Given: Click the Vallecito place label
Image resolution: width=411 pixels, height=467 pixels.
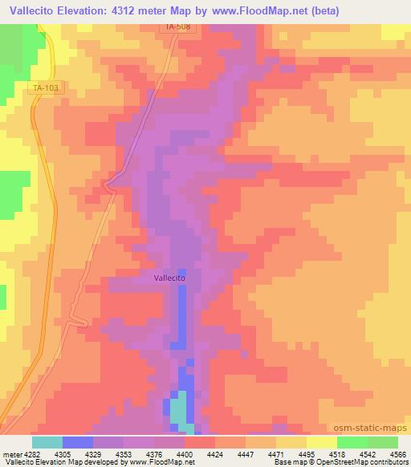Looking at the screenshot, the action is point(169,278).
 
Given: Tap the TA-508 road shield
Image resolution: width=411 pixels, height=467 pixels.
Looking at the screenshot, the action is point(178,26).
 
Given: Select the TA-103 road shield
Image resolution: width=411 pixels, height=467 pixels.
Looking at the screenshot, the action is point(46,89).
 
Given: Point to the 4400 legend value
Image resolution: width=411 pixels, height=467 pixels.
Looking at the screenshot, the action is point(185,453).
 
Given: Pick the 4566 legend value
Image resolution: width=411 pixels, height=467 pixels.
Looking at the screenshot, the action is point(398,453).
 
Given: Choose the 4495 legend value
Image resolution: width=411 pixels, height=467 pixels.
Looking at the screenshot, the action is point(307,453).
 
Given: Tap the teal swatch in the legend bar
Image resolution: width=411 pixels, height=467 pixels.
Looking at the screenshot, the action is point(47,442).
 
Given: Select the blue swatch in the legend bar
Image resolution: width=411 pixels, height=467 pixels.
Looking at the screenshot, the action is point(77,442).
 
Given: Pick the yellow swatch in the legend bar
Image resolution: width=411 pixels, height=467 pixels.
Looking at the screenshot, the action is point(321,442).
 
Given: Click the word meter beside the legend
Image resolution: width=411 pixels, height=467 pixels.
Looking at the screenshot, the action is point(10,453).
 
